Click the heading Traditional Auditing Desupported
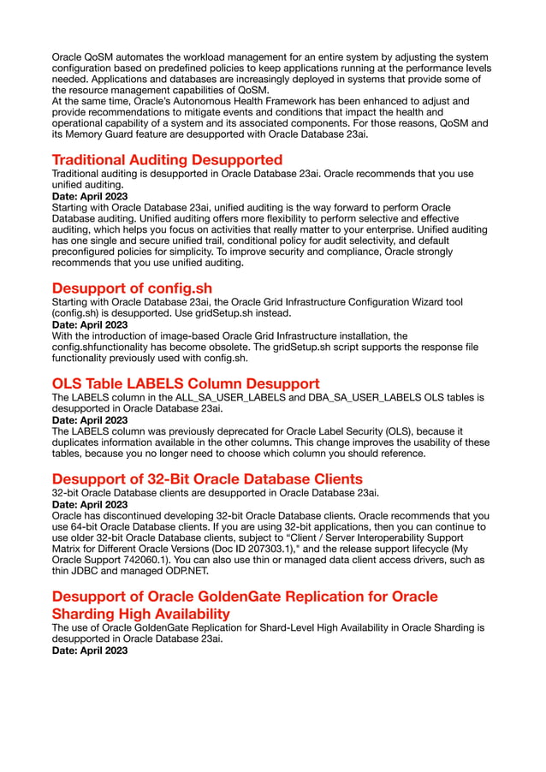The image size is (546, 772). [x=167, y=160]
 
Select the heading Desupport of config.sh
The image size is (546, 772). [x=132, y=288]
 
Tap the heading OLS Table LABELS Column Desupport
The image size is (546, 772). [x=186, y=383]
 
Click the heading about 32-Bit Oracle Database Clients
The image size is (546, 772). [x=207, y=478]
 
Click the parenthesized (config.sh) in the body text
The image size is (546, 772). [x=81, y=313]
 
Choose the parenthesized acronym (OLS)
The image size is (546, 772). [x=425, y=431]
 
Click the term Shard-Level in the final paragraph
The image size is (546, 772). [x=301, y=628]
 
